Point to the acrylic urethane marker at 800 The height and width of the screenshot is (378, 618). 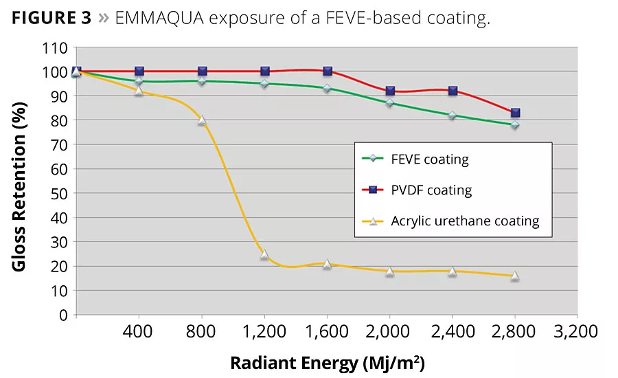click(x=202, y=120)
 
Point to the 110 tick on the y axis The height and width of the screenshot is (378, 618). click(x=57, y=48)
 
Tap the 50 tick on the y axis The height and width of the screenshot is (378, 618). click(x=60, y=194)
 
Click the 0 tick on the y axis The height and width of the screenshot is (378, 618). click(x=64, y=315)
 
